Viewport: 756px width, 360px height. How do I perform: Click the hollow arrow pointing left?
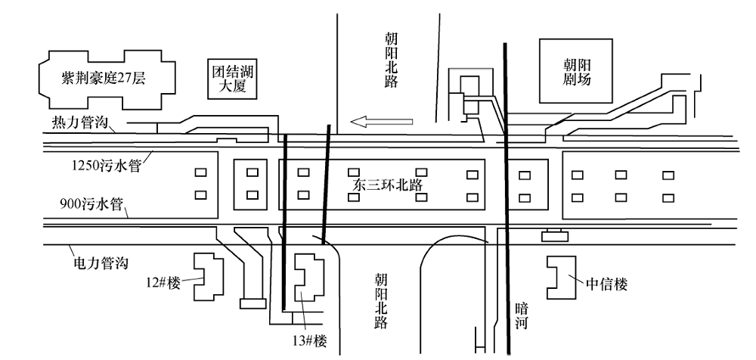coord(381,122)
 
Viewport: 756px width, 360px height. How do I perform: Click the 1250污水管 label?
coord(107,165)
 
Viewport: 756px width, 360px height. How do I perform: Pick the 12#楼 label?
coord(164,284)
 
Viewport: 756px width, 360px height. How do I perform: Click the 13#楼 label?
coord(309,341)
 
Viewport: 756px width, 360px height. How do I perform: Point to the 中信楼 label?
coord(606,284)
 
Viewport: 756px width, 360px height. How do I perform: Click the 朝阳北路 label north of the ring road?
coord(392,60)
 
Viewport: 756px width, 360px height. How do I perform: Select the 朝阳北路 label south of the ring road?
coord(381,301)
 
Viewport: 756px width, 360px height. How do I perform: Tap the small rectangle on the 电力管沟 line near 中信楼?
coord(554,237)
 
